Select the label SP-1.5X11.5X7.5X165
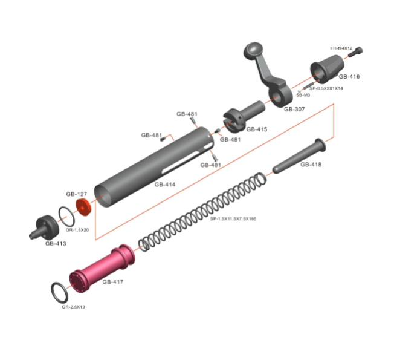[x=233, y=218]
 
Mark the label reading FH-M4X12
[x=341, y=48]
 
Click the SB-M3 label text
[x=302, y=95]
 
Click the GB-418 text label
[x=311, y=165]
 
